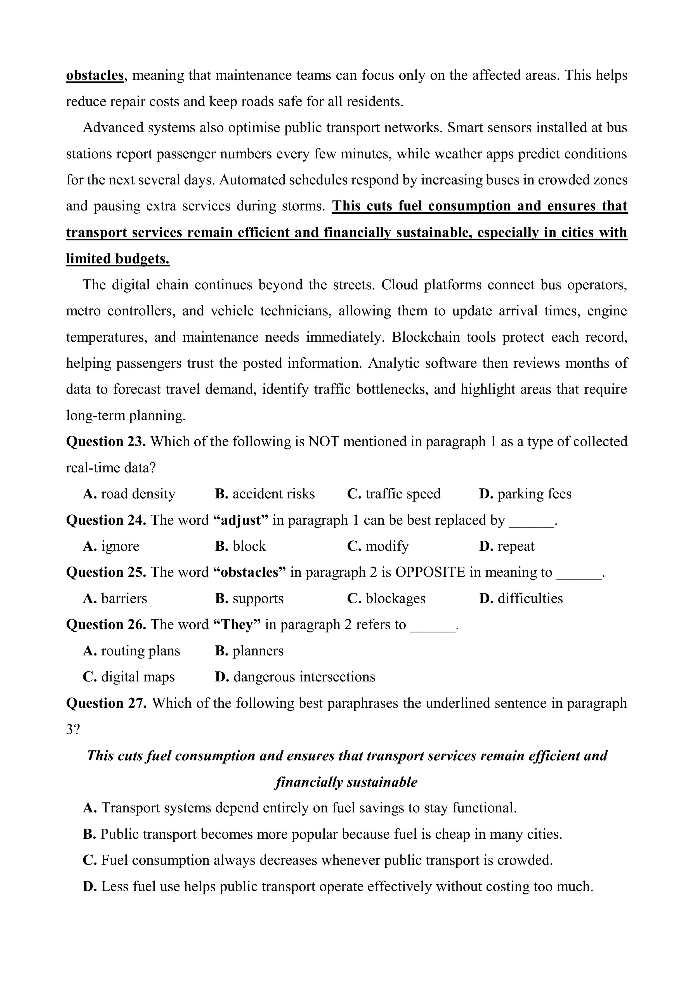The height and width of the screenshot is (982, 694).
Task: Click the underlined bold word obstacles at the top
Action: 95,75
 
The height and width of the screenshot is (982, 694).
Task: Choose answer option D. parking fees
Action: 525,494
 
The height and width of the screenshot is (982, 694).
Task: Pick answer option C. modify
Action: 378,546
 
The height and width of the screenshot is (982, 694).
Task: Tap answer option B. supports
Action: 249,598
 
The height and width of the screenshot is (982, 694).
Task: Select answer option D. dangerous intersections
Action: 295,677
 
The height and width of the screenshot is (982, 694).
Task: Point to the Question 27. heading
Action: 106,703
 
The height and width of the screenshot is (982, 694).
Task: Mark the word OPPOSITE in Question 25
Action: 430,572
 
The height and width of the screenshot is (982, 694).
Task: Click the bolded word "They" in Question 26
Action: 237,624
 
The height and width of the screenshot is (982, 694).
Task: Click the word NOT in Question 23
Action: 323,441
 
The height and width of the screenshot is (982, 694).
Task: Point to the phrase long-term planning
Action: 126,415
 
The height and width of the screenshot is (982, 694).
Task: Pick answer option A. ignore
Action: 111,546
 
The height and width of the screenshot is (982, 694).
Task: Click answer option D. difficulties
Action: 521,598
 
